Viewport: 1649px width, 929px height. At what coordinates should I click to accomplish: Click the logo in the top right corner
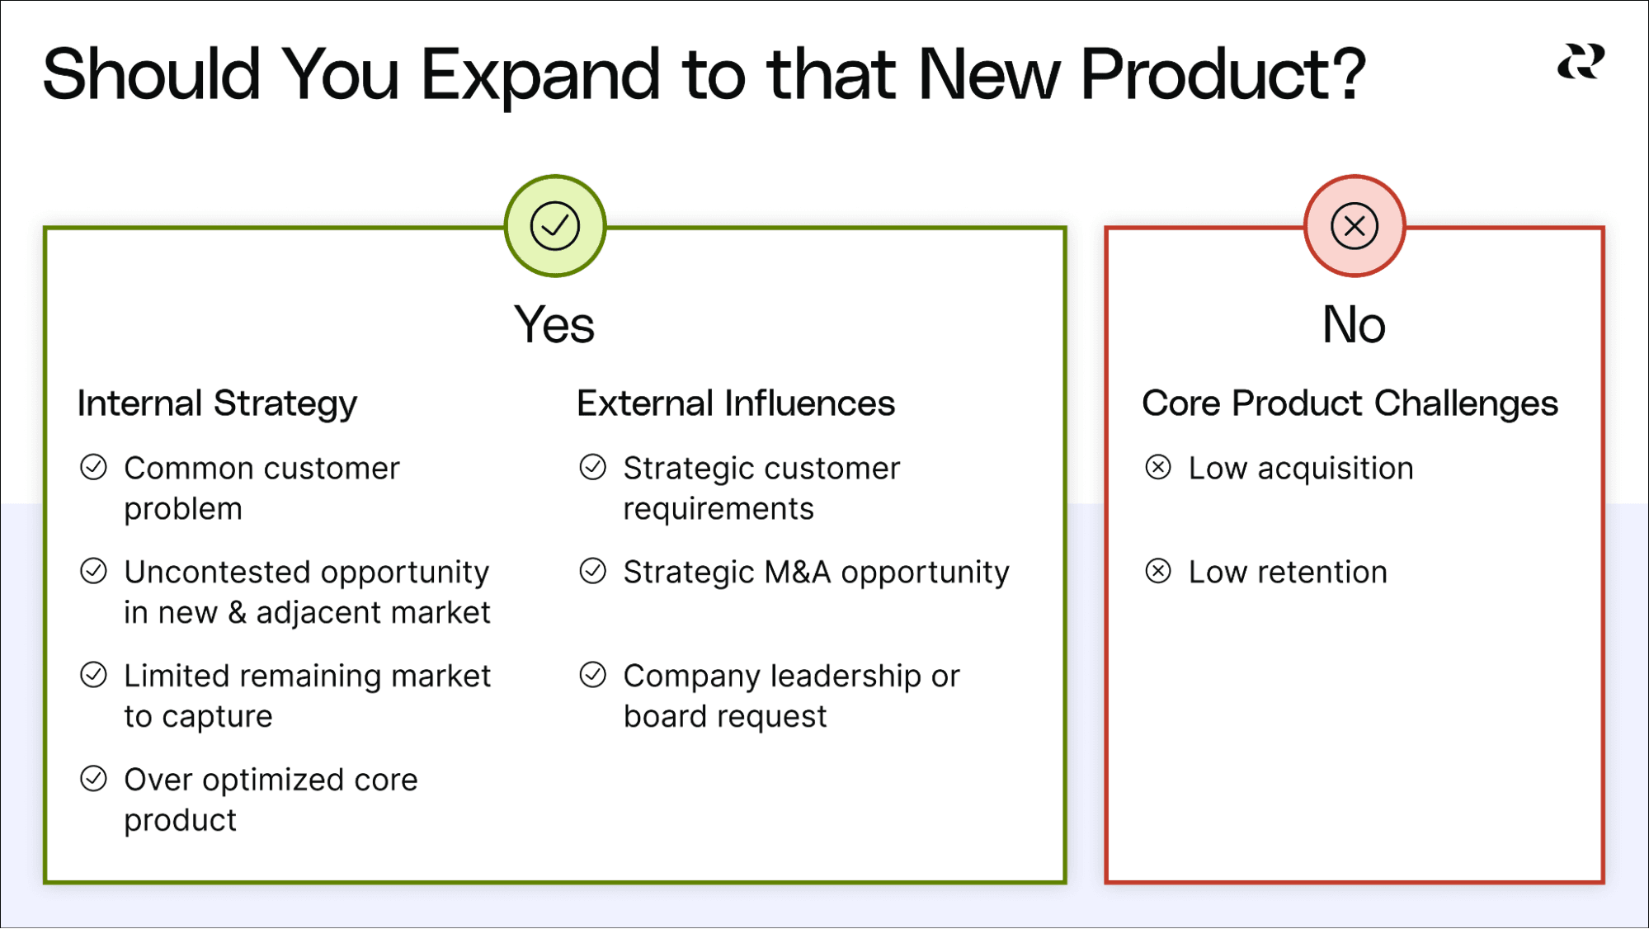point(1581,63)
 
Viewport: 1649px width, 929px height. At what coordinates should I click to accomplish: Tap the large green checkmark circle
point(555,226)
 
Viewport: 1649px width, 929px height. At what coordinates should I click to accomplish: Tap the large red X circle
point(1355,226)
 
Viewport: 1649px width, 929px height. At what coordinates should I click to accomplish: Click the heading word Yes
point(554,324)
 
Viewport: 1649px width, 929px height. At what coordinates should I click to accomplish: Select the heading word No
point(1354,324)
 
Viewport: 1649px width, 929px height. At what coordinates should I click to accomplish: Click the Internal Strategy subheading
point(217,403)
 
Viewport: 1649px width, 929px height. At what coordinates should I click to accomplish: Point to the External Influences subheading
point(735,403)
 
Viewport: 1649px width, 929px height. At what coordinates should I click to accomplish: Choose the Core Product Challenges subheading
point(1350,403)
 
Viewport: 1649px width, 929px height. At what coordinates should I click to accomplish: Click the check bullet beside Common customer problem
point(94,468)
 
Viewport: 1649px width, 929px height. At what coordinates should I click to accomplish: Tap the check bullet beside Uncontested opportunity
point(94,571)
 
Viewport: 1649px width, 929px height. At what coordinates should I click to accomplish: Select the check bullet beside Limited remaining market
point(94,675)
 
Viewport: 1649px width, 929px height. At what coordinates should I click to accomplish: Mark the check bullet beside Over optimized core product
point(94,779)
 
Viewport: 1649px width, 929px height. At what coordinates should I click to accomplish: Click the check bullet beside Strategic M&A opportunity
point(593,571)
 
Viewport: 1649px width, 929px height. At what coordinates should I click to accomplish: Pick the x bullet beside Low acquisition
point(1158,468)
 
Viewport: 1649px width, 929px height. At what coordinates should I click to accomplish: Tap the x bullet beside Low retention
point(1158,571)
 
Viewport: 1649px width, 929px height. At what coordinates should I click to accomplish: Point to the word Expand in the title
point(540,75)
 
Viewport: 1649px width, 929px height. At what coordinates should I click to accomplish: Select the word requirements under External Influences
point(718,509)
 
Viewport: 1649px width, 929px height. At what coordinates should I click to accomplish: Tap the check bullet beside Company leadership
point(593,675)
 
